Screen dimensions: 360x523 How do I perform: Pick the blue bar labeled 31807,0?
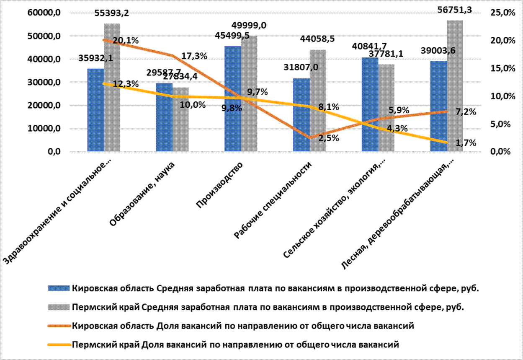(301, 115)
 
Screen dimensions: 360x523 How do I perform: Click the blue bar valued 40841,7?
(370, 104)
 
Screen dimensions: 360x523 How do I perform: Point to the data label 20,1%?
(126, 41)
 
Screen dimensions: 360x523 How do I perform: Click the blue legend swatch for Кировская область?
(59, 288)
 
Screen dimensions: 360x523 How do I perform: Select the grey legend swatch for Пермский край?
(59, 307)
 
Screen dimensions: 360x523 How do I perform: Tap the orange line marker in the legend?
(59, 325)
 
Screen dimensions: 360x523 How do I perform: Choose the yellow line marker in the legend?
(59, 344)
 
